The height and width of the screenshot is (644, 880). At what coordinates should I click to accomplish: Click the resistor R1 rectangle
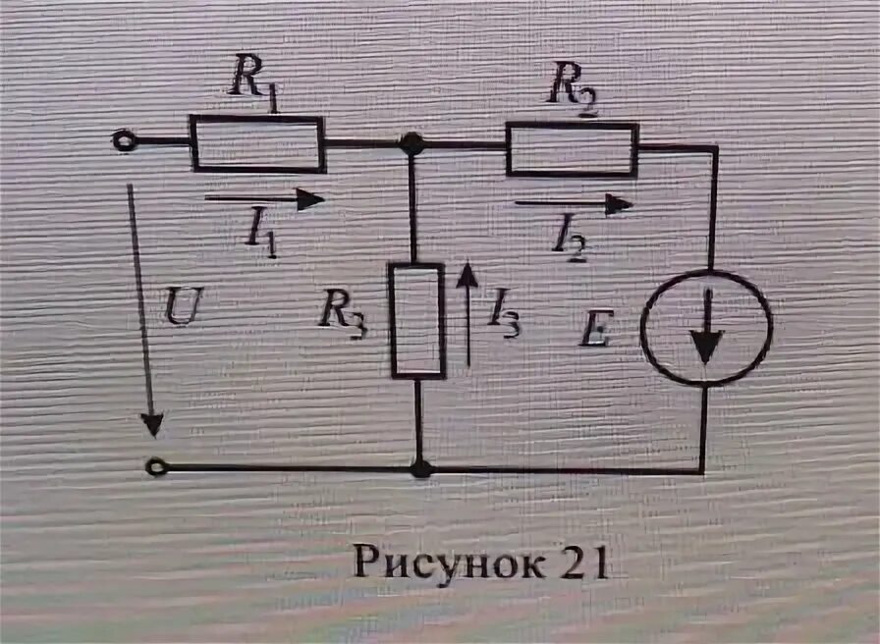point(257,143)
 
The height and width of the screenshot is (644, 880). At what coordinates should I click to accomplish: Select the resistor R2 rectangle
point(573,149)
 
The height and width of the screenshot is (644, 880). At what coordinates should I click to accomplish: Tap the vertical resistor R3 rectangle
point(418,320)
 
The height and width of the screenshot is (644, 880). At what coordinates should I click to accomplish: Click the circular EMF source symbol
point(706,328)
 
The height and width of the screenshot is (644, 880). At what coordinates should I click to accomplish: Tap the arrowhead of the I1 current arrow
point(311,199)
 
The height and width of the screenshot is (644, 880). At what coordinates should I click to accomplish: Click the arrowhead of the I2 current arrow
point(620,204)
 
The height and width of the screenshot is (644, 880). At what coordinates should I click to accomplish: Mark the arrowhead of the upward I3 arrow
point(468,272)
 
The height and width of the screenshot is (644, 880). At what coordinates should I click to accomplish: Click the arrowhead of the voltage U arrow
point(152,424)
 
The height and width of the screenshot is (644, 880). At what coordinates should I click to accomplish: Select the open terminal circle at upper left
point(124,142)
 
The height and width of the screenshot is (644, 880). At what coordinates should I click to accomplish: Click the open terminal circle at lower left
point(155,467)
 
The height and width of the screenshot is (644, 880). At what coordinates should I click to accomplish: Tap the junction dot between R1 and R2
point(412,143)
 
